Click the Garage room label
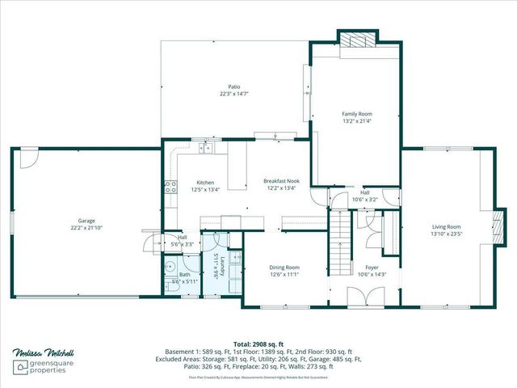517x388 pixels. pyautogui.click(x=86, y=221)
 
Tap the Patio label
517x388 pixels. pyautogui.click(x=233, y=87)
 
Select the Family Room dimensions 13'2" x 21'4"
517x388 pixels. pyautogui.click(x=356, y=122)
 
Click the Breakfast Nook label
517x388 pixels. pyautogui.click(x=280, y=181)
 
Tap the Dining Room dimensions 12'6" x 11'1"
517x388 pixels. pyautogui.click(x=284, y=274)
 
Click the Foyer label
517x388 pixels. pyautogui.click(x=372, y=267)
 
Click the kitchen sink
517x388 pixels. pyautogui.click(x=206, y=148)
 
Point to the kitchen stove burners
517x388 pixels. pyautogui.click(x=171, y=188)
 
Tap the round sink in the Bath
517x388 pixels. pyautogui.click(x=170, y=268)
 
